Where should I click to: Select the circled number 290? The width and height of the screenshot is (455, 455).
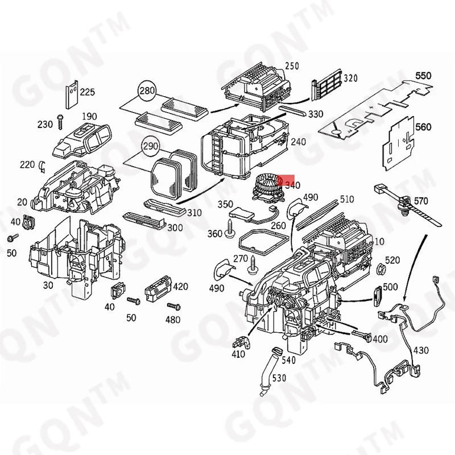click(x=151, y=147)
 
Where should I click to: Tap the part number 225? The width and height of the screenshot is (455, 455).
click(x=88, y=92)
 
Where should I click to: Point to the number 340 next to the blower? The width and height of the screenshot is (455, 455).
click(x=292, y=185)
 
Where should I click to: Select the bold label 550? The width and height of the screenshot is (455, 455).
click(x=423, y=76)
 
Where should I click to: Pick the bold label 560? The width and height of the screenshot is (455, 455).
click(x=424, y=127)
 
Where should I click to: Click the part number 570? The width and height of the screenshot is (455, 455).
click(x=421, y=201)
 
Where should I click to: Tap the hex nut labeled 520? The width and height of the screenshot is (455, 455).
click(x=381, y=267)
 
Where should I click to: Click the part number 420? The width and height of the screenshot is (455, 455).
click(x=180, y=286)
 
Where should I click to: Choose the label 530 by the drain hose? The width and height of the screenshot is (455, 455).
click(x=278, y=378)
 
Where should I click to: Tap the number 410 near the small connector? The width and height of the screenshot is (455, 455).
click(x=238, y=354)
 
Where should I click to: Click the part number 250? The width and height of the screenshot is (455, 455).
click(x=292, y=66)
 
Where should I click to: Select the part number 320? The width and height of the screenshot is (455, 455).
click(x=350, y=78)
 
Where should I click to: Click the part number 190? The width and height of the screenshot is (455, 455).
click(x=89, y=117)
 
